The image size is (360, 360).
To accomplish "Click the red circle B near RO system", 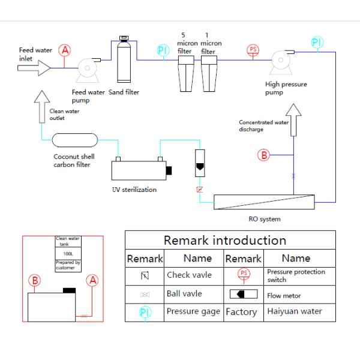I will click(264, 155).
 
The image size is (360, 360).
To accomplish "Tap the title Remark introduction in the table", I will click(225, 240).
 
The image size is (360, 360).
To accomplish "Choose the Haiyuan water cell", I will click(295, 311).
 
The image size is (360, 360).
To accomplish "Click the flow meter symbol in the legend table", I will click(243, 294).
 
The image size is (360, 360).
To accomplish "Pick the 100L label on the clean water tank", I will click(68, 254).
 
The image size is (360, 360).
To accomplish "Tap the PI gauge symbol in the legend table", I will click(144, 312).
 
